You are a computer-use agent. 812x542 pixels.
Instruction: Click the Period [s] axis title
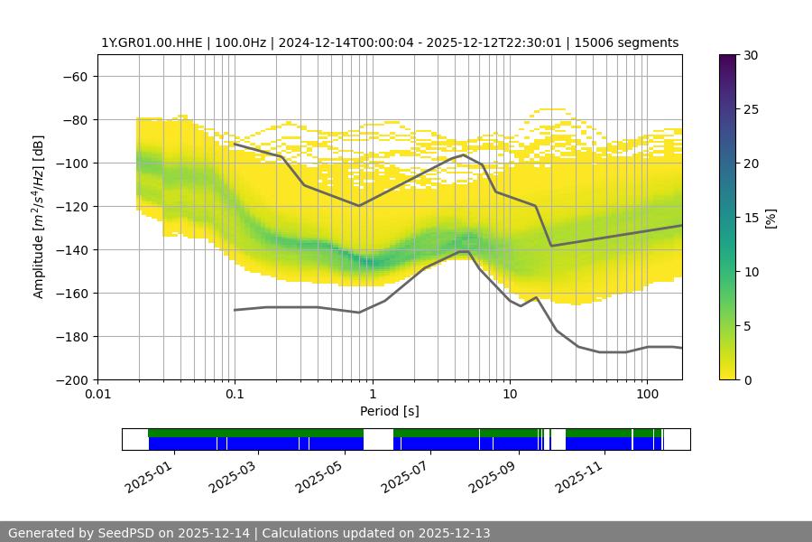(x=390, y=411)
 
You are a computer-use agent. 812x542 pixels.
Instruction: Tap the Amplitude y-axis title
(x=39, y=217)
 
